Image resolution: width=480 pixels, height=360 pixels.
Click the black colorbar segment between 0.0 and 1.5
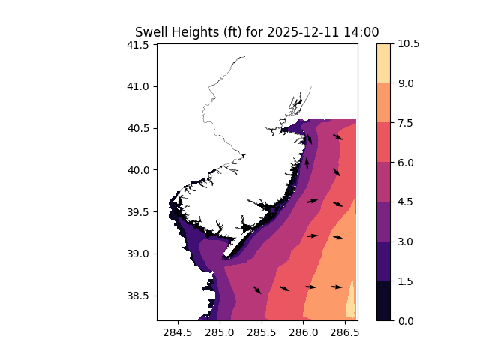[383, 300]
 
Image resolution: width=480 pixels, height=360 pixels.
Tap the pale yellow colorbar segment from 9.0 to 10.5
[383, 63]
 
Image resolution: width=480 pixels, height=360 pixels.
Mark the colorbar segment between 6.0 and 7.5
[383, 142]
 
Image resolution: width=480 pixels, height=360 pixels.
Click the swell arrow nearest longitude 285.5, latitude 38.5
[257, 289]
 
